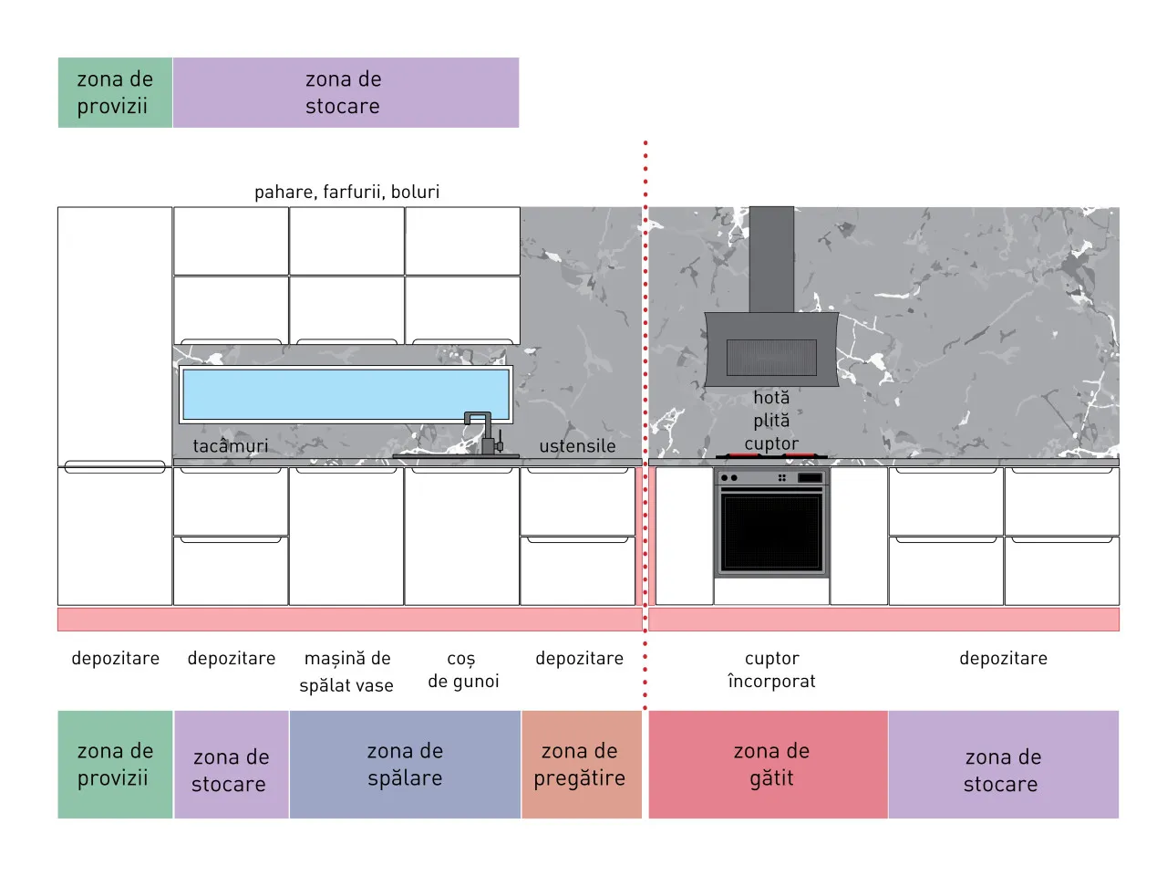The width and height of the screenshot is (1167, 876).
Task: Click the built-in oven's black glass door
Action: [770, 531]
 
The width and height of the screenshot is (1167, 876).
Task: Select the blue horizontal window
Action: [346, 394]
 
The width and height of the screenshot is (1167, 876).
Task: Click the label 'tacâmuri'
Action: [231, 445]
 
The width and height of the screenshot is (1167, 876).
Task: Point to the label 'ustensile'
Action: [577, 445]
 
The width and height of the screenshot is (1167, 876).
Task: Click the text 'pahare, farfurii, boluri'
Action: [346, 192]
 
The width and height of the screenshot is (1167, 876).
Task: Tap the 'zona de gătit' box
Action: [769, 765]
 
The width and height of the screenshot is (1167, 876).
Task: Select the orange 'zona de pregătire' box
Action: [582, 765]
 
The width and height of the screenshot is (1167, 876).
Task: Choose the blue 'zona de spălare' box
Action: [405, 765]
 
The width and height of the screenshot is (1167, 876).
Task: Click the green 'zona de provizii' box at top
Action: [115, 92]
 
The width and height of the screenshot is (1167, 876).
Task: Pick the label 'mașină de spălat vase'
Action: [346, 672]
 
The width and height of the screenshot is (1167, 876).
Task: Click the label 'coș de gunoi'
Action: [463, 670]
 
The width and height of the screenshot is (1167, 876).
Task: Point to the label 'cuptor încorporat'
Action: [771, 670]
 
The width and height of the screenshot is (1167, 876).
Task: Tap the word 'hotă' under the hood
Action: [771, 397]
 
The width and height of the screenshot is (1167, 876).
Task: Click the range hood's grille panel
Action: [771, 358]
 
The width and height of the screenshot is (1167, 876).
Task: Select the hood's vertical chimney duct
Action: [771, 259]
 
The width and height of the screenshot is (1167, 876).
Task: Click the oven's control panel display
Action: [811, 477]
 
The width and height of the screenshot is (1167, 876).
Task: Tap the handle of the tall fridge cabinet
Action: [115, 466]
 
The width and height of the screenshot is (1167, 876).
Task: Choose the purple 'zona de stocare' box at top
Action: [346, 92]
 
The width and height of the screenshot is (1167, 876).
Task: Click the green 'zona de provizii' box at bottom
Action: [115, 765]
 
